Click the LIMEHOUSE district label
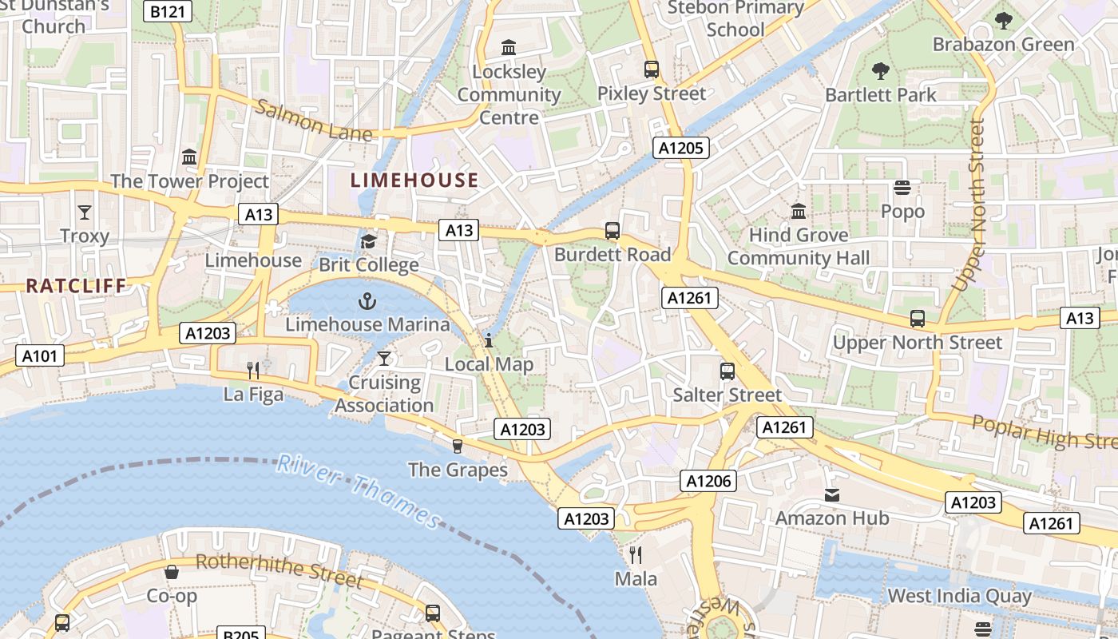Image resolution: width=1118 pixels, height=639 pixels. point(414,181)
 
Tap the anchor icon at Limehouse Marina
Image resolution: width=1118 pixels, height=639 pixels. point(367,301)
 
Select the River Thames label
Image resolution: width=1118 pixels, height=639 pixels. point(359,490)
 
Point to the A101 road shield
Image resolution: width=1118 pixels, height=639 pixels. point(40,355)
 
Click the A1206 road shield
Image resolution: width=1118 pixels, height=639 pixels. point(708,481)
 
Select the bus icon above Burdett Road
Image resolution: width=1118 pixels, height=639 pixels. point(613,231)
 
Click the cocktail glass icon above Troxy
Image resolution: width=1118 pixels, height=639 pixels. point(85,212)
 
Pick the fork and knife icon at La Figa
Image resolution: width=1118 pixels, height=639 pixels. point(253,370)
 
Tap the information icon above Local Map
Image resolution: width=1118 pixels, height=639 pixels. point(489,341)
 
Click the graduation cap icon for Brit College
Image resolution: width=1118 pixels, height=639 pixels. point(368,241)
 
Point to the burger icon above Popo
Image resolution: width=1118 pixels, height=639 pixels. point(902,188)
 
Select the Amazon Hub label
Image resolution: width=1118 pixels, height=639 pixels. point(832,518)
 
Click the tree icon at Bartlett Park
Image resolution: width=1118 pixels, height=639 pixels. point(881,71)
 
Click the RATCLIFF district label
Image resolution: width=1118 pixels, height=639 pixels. point(77,285)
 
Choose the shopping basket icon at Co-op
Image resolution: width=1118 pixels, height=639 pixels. point(172,572)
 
